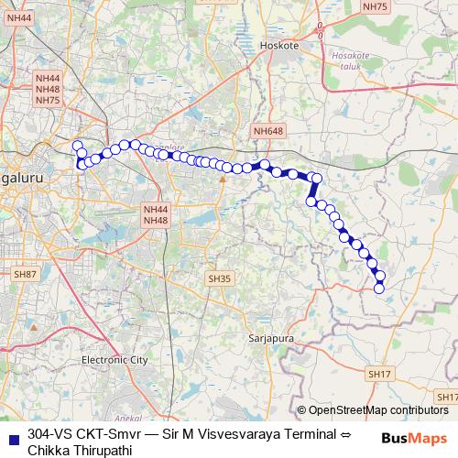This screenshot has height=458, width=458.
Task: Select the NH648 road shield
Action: pyautogui.click(x=267, y=132)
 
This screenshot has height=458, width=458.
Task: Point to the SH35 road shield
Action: pyautogui.click(x=219, y=278)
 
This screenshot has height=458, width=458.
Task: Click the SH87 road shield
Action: pyautogui.click(x=25, y=274)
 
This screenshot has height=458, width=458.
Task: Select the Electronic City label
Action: pyautogui.click(x=114, y=360)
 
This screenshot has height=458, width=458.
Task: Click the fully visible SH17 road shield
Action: pyautogui.click(x=378, y=374)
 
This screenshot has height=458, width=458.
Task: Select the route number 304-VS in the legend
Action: pyautogui.click(x=51, y=433)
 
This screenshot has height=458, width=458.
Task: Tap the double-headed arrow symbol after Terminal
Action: pyautogui.click(x=345, y=433)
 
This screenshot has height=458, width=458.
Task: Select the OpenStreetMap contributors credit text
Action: pyautogui.click(x=377, y=410)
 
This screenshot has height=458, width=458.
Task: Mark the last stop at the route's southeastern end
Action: pyautogui.click(x=379, y=289)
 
